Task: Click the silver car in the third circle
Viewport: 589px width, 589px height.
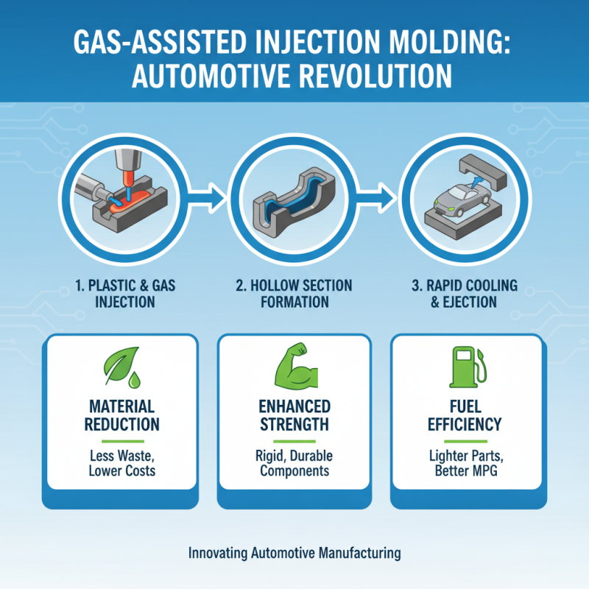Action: tap(460, 198)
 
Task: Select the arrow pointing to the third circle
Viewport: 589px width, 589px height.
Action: tap(380, 196)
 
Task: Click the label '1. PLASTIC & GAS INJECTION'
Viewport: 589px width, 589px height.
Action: tap(121, 293)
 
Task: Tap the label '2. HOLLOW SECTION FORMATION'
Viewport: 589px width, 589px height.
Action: tap(294, 293)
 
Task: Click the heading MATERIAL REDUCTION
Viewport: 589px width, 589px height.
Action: tap(121, 415)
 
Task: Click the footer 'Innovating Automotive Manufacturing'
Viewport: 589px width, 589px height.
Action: tap(294, 551)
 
